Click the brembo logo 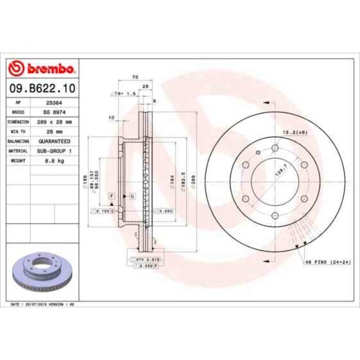pos(42,69)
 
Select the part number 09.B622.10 pos(42,88)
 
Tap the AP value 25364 pos(53,102)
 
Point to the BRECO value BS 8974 pos(53,112)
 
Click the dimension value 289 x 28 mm pos(53,121)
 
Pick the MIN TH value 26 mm pos(53,131)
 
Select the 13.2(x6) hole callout pos(295,132)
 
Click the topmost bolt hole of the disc pos(274,148)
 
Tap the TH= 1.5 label pos(125,94)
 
